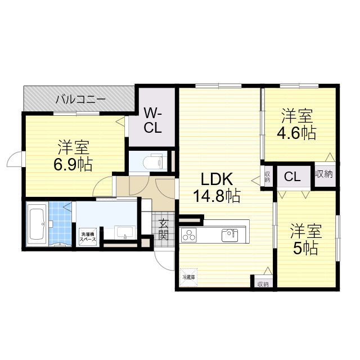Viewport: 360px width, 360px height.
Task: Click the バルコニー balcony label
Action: pos(80,100)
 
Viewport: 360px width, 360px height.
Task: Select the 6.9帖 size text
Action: pos(74,164)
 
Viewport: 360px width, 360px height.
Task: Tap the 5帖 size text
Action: pos(305,247)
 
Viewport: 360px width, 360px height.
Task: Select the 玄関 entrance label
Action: pos(163,229)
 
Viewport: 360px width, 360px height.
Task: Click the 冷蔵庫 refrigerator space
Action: pos(188,277)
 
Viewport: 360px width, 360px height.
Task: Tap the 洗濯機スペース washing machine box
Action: pos(88,237)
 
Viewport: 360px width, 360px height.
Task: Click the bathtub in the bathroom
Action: pos(37,223)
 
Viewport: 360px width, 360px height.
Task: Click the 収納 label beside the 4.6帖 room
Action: pos(324,174)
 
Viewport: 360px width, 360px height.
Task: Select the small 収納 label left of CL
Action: pos(268,176)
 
